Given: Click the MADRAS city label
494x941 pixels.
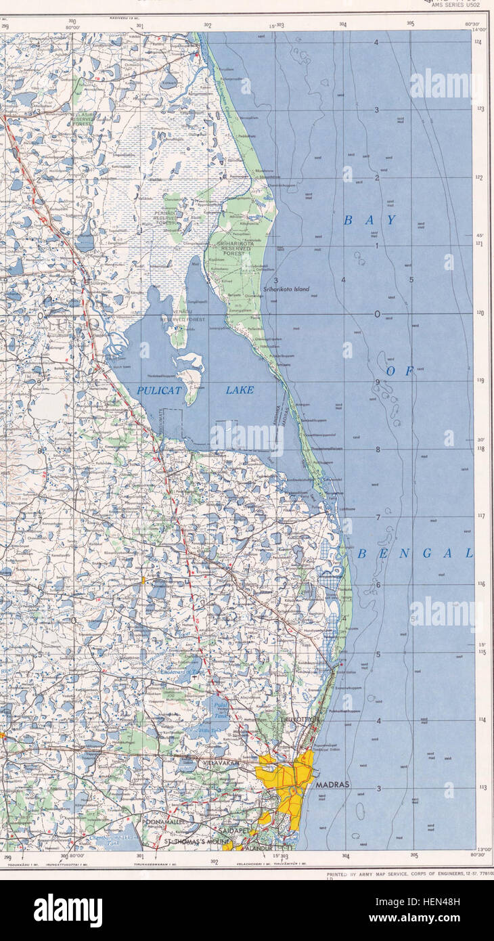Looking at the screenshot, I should tap(332, 785).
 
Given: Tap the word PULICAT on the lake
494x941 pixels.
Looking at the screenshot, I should tap(160, 390).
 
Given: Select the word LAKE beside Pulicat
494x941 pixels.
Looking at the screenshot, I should tap(240, 390).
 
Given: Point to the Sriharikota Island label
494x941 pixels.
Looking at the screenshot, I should tap(286, 289).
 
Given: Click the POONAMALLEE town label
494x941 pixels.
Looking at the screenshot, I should tap(160, 821).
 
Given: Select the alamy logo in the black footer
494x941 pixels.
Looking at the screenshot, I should tap(68, 911).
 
